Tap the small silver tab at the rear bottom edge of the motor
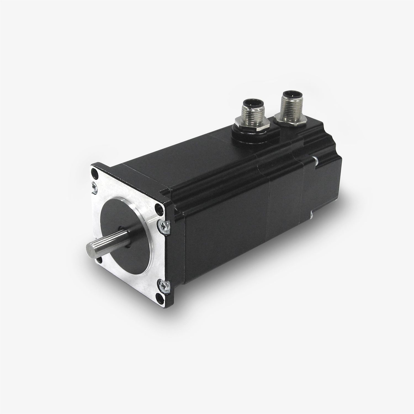311,214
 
